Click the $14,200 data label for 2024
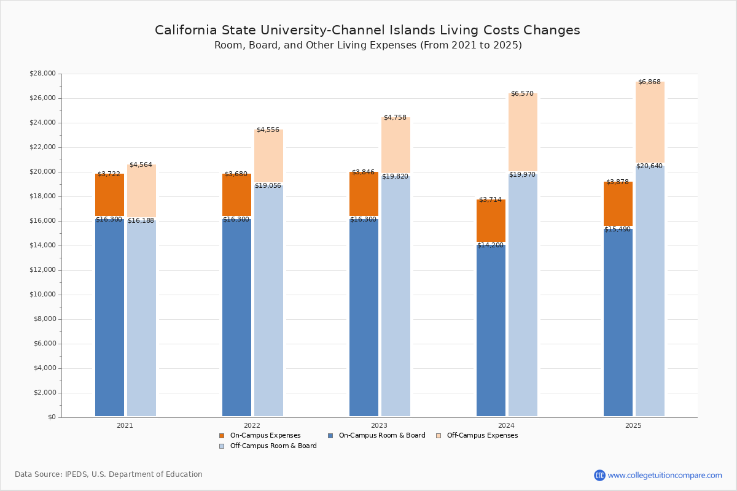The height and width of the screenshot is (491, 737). pos(490,245)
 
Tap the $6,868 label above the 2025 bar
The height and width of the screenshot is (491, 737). pos(649,82)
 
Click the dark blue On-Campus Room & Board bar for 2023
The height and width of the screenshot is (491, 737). pos(364,319)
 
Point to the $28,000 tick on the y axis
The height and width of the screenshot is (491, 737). pos(42,74)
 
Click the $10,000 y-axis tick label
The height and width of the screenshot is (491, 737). pos(42,295)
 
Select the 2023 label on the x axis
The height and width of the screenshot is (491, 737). pos(379,425)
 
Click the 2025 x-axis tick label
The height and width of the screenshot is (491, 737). pos(633,425)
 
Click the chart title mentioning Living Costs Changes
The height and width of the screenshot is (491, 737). pos(367,31)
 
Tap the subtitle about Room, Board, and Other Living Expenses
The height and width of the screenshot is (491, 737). pos(368,45)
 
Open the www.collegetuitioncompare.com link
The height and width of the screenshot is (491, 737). pos(665,475)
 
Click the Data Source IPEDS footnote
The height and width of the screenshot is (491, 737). pos(109,474)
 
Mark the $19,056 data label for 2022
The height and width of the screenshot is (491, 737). pos(268,186)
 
